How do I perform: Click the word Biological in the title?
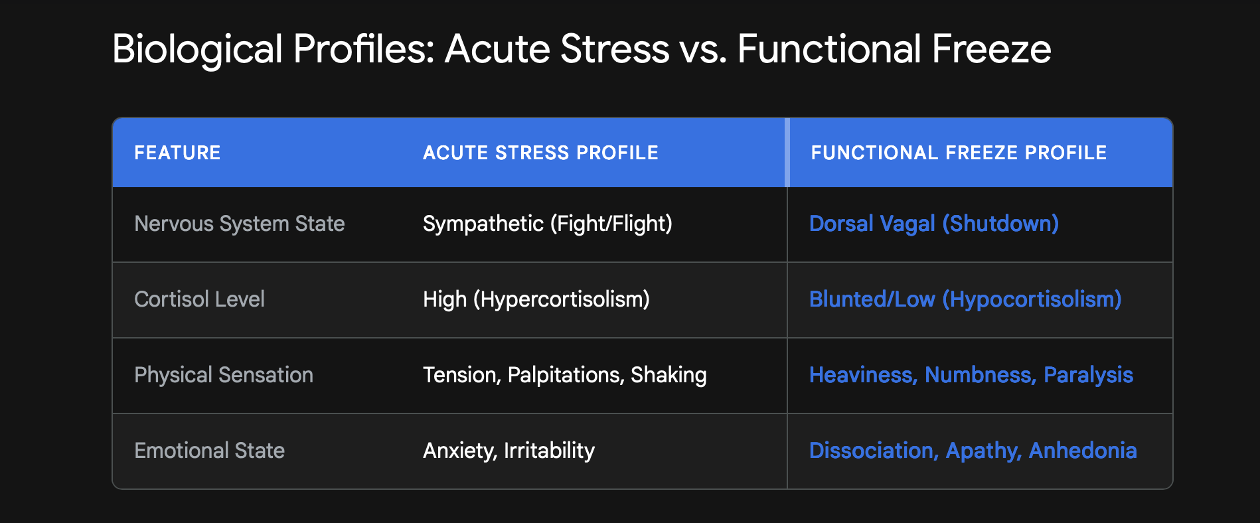click(x=197, y=50)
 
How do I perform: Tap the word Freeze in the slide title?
click(x=991, y=50)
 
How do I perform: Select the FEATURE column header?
click(x=177, y=153)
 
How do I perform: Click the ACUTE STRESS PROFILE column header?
click(x=540, y=153)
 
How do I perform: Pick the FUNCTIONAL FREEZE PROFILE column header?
click(x=959, y=153)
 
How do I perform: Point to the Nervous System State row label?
click(x=239, y=224)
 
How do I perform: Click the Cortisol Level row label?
click(x=199, y=299)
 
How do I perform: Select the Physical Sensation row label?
click(x=223, y=375)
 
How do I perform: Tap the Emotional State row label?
click(x=209, y=451)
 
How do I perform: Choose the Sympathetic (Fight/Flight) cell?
click(x=547, y=224)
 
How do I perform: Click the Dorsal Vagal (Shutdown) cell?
click(x=933, y=224)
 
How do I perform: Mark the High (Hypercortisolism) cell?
click(x=536, y=299)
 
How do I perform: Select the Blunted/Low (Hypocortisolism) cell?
click(x=965, y=299)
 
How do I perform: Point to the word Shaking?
click(x=669, y=375)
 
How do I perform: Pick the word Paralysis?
click(x=1088, y=375)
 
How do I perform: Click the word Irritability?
click(x=549, y=451)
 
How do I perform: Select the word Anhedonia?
click(x=1083, y=451)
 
